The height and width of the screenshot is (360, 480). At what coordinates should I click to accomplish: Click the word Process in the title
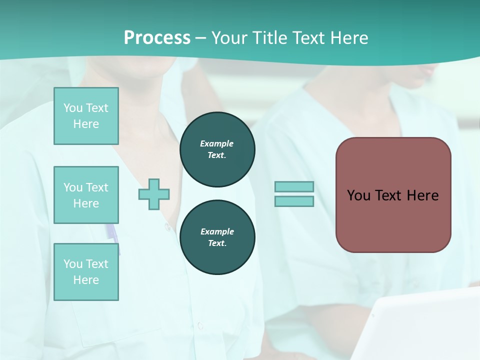[x=157, y=38]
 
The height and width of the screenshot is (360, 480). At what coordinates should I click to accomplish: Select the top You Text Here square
[x=86, y=116]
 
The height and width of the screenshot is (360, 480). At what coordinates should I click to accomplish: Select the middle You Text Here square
[x=86, y=195]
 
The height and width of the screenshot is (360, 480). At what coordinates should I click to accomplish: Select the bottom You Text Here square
[x=86, y=272]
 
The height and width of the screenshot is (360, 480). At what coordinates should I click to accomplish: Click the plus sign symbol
[x=154, y=194]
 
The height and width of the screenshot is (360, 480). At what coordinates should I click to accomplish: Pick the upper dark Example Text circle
[x=217, y=149]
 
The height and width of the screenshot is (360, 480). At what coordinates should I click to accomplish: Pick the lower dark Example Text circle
[x=217, y=237]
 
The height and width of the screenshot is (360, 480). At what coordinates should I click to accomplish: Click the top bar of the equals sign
[x=294, y=186]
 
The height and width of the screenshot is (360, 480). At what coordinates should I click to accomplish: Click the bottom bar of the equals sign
[x=294, y=201]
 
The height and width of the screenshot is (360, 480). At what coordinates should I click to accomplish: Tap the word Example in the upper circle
[x=216, y=143]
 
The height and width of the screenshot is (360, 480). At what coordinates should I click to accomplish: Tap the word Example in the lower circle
[x=217, y=231]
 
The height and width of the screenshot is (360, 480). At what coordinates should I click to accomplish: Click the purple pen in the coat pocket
[x=111, y=233]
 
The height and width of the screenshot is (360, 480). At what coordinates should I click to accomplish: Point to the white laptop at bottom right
[x=425, y=325]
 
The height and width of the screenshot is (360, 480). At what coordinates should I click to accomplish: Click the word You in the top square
[x=73, y=108]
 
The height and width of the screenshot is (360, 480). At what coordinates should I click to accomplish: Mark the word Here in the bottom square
[x=86, y=280]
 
